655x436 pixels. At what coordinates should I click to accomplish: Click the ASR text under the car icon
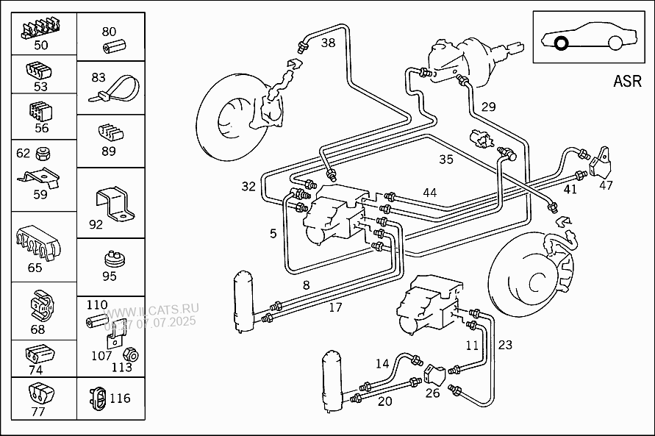[626, 82]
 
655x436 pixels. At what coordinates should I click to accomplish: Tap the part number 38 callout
[328, 43]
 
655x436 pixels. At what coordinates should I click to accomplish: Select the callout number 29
[489, 107]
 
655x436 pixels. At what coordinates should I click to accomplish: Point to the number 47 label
[606, 185]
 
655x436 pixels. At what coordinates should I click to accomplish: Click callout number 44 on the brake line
[429, 193]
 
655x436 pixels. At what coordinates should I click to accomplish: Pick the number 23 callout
[505, 344]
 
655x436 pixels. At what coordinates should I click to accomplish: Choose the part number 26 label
[433, 392]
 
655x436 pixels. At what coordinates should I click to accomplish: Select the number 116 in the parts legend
[120, 399]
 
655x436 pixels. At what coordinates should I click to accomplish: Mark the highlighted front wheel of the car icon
[560, 44]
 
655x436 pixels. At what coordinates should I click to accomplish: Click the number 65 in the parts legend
[35, 268]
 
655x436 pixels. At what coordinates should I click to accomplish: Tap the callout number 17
[335, 307]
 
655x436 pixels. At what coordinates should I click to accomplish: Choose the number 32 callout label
[248, 187]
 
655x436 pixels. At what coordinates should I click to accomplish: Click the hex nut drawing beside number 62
[43, 154]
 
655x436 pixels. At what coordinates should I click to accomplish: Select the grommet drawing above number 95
[112, 260]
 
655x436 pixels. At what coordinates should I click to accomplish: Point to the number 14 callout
[382, 363]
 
